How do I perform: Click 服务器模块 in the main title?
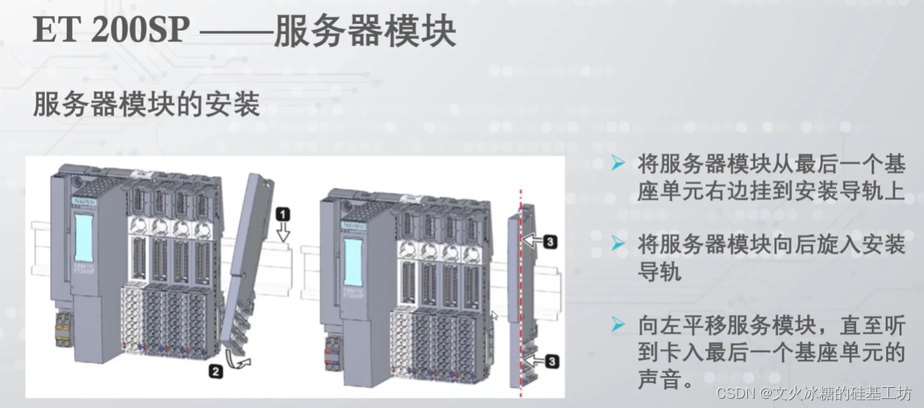coord(364,33)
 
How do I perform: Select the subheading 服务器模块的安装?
coord(146,104)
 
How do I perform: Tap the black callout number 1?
coord(283,211)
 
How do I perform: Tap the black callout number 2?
coord(217,371)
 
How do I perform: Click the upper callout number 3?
coord(549,243)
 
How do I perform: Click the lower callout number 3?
coord(549,360)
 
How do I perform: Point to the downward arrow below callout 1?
coord(283,230)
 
